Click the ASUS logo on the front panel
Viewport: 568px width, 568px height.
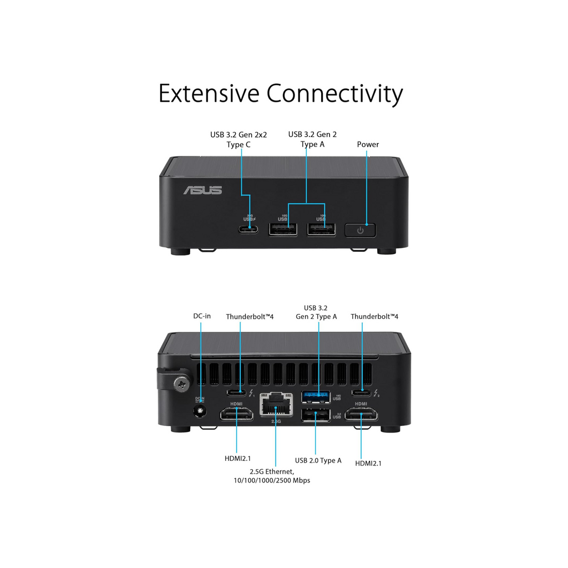coord(203,190)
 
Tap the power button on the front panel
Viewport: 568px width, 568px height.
coord(361,230)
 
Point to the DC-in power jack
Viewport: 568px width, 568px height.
coord(200,411)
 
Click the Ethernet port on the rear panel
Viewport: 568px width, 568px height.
coord(276,406)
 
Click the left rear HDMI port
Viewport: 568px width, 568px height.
coord(236,414)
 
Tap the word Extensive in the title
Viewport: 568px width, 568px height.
coord(208,93)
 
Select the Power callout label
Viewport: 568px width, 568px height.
coord(368,145)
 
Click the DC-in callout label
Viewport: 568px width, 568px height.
coord(202,316)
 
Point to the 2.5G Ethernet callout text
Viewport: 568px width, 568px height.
coord(272,475)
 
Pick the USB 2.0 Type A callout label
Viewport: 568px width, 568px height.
coord(318,460)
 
